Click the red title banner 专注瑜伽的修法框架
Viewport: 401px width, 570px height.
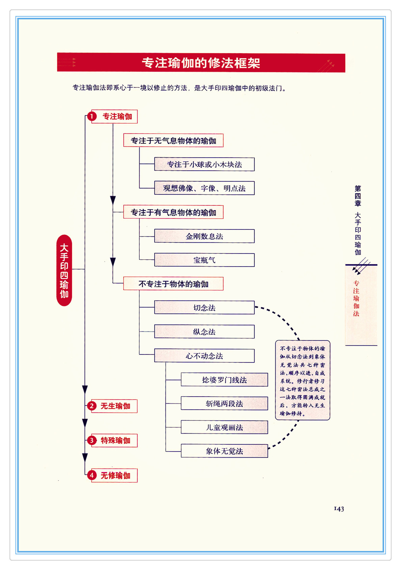[201, 63]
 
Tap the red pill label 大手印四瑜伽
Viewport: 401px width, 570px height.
[64, 270]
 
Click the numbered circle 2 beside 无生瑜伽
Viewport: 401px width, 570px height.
[91, 406]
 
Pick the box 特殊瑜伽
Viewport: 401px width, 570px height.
[115, 440]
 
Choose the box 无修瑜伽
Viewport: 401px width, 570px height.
[115, 475]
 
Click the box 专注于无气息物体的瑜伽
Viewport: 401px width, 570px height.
[173, 140]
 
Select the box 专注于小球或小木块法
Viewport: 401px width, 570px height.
[204, 164]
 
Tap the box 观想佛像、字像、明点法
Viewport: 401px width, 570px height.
[204, 188]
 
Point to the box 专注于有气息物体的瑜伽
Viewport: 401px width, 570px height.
[173, 212]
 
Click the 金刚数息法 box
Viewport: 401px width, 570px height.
[204, 236]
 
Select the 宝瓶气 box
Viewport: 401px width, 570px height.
[204, 260]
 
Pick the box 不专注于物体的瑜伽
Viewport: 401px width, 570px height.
[173, 284]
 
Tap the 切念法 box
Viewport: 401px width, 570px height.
[204, 307]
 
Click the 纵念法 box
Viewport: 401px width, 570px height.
[204, 332]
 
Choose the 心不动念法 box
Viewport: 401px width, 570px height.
[204, 356]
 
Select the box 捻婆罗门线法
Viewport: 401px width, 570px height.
[224, 380]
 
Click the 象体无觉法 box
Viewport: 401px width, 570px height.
[224, 451]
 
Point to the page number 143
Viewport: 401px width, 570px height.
[339, 509]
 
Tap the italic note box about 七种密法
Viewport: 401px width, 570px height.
[302, 380]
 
